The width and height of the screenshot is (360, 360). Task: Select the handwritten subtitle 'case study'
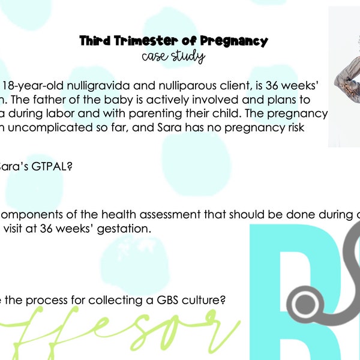[x=173, y=58]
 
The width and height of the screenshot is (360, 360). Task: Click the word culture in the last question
[x=202, y=300]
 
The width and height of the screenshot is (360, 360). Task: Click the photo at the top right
[x=344, y=77]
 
